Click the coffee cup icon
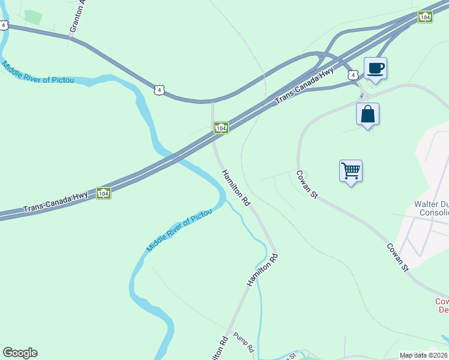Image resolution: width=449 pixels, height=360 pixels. [x=375, y=68]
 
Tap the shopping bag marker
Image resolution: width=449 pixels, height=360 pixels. [x=367, y=114]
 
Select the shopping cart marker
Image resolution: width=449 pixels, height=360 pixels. [x=351, y=170]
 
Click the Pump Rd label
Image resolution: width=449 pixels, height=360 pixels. [x=244, y=341]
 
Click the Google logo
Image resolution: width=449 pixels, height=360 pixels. [x=20, y=353]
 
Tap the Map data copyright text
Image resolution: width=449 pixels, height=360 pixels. [x=424, y=355]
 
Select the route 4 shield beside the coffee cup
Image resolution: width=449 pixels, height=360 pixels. [x=354, y=74]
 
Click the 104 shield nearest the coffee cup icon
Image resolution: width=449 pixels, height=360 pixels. [x=425, y=17]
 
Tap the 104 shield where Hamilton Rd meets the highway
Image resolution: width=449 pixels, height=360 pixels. [x=221, y=128]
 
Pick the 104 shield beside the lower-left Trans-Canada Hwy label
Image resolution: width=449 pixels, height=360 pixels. [x=103, y=193]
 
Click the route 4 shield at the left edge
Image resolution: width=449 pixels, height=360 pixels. [x=4, y=25]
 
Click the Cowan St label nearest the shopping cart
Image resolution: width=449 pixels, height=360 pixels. [x=306, y=184]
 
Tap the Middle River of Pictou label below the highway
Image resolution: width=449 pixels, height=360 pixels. [x=179, y=230]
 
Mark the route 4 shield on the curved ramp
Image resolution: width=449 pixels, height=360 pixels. [x=158, y=90]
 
